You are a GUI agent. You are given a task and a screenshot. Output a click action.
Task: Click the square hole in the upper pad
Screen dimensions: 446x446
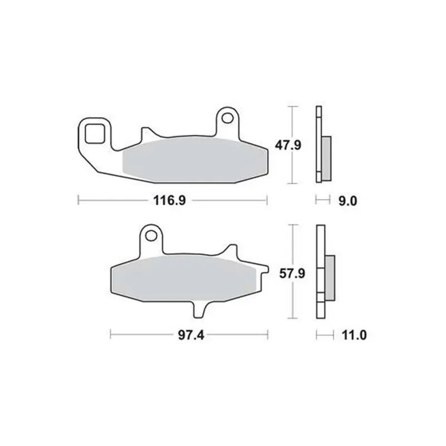(x=94, y=134)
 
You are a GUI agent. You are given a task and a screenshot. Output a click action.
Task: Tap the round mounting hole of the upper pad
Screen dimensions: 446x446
(x=227, y=118)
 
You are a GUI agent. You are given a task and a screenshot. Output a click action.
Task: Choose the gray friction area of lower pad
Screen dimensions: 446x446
(x=184, y=277)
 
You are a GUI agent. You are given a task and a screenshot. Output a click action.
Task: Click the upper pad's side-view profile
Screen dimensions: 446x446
(x=319, y=144)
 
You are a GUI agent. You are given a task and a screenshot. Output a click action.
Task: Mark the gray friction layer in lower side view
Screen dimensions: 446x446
(x=329, y=277)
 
